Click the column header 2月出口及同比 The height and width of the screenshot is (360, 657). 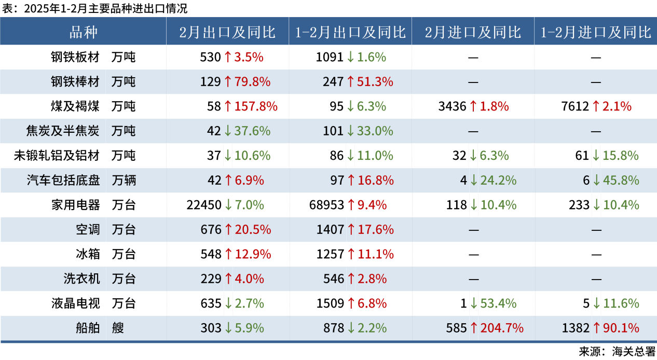click(x=227, y=32)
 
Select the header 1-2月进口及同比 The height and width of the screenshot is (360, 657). click(x=595, y=32)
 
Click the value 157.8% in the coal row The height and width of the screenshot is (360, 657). click(x=256, y=106)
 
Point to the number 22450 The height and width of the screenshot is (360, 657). click(x=204, y=205)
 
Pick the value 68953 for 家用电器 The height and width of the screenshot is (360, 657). click(x=326, y=205)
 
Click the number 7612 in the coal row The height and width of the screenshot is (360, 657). click(x=574, y=106)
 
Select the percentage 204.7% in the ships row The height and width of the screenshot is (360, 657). click(x=502, y=328)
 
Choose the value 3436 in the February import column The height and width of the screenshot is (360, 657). click(x=452, y=106)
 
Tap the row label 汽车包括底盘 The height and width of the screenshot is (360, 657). click(x=63, y=180)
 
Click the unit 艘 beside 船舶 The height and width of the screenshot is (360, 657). click(x=118, y=328)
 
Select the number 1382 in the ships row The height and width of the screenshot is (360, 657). click(x=576, y=328)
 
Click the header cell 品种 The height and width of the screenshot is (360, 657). click(x=83, y=32)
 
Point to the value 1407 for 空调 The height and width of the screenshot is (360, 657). click(x=330, y=229)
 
